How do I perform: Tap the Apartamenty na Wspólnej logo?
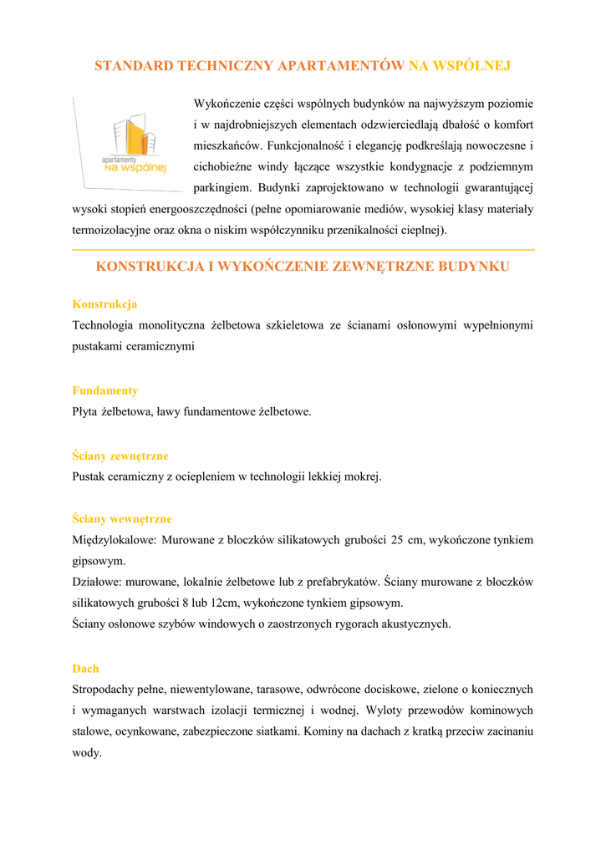coord(130,144)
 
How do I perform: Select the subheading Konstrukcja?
coord(104,304)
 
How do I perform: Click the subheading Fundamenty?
coord(105,390)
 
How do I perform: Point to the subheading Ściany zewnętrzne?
coord(120,456)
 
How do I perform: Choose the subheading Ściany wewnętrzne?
coord(122,519)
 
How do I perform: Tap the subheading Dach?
coord(85,669)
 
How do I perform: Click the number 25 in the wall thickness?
coord(397,540)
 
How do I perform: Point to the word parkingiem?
coord(223,187)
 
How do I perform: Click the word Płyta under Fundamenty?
coord(85,411)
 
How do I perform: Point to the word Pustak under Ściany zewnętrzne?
coord(90,476)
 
